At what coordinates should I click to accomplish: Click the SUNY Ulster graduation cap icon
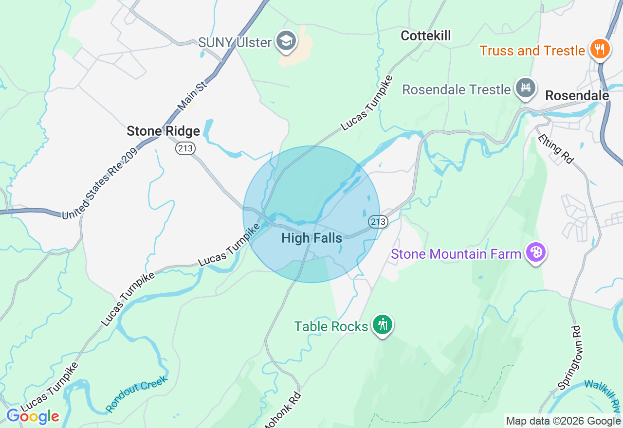(x=286, y=42)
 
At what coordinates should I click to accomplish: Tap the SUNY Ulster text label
(x=235, y=42)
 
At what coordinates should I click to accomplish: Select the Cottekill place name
(x=426, y=36)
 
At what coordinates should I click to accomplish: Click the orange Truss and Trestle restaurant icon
(x=601, y=50)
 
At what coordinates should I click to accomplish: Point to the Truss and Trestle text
(x=532, y=51)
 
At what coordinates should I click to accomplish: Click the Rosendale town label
(x=577, y=96)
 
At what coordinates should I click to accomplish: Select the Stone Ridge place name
(x=163, y=131)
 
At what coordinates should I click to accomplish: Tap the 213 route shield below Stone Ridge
(x=185, y=148)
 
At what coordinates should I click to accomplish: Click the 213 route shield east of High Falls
(x=378, y=222)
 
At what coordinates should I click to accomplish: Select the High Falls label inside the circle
(x=311, y=238)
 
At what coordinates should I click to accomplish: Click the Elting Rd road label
(x=555, y=149)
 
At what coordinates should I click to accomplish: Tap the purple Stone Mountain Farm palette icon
(x=535, y=253)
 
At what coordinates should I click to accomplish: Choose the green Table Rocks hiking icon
(x=383, y=324)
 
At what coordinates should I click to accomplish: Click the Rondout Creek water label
(x=137, y=393)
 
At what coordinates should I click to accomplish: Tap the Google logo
(x=32, y=417)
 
